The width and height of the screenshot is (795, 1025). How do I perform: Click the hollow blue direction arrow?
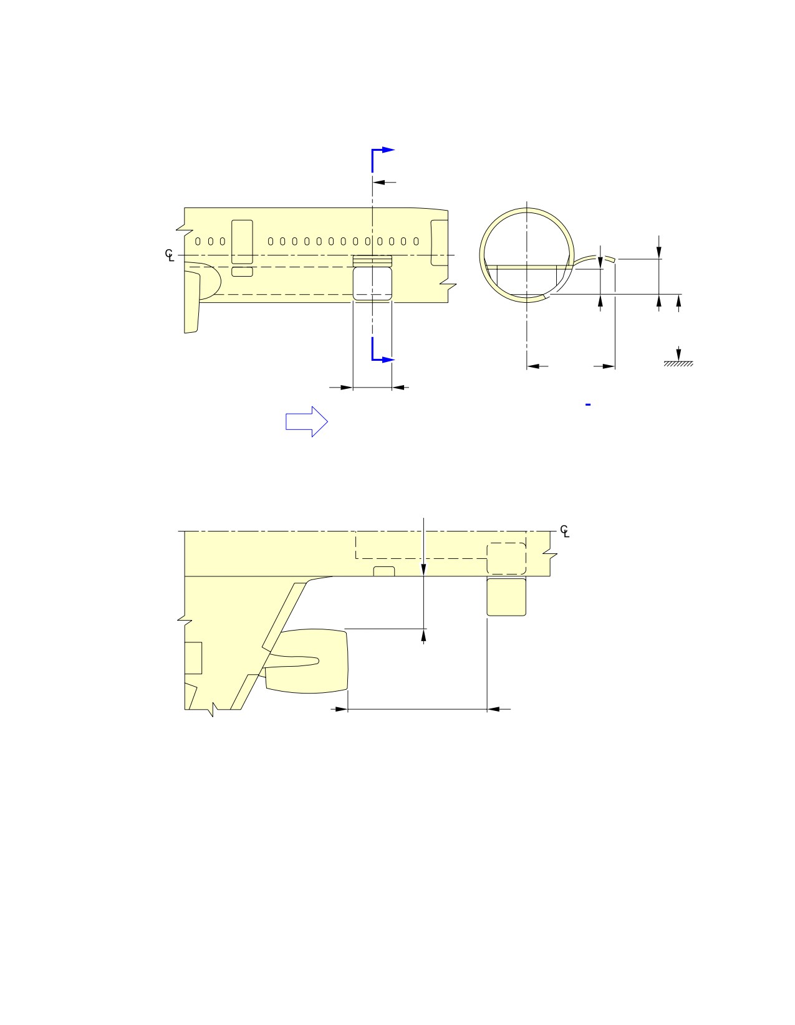[x=306, y=421]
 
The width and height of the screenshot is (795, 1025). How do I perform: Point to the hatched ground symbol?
[x=678, y=364]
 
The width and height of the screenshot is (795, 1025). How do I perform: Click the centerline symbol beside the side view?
[x=170, y=255]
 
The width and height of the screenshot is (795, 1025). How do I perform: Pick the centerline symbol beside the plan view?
[x=565, y=531]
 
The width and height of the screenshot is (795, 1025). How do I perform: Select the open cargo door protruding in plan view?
[x=506, y=597]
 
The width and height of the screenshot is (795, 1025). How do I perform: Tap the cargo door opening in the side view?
[x=373, y=284]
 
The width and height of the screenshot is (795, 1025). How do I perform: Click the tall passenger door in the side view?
[x=242, y=242]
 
